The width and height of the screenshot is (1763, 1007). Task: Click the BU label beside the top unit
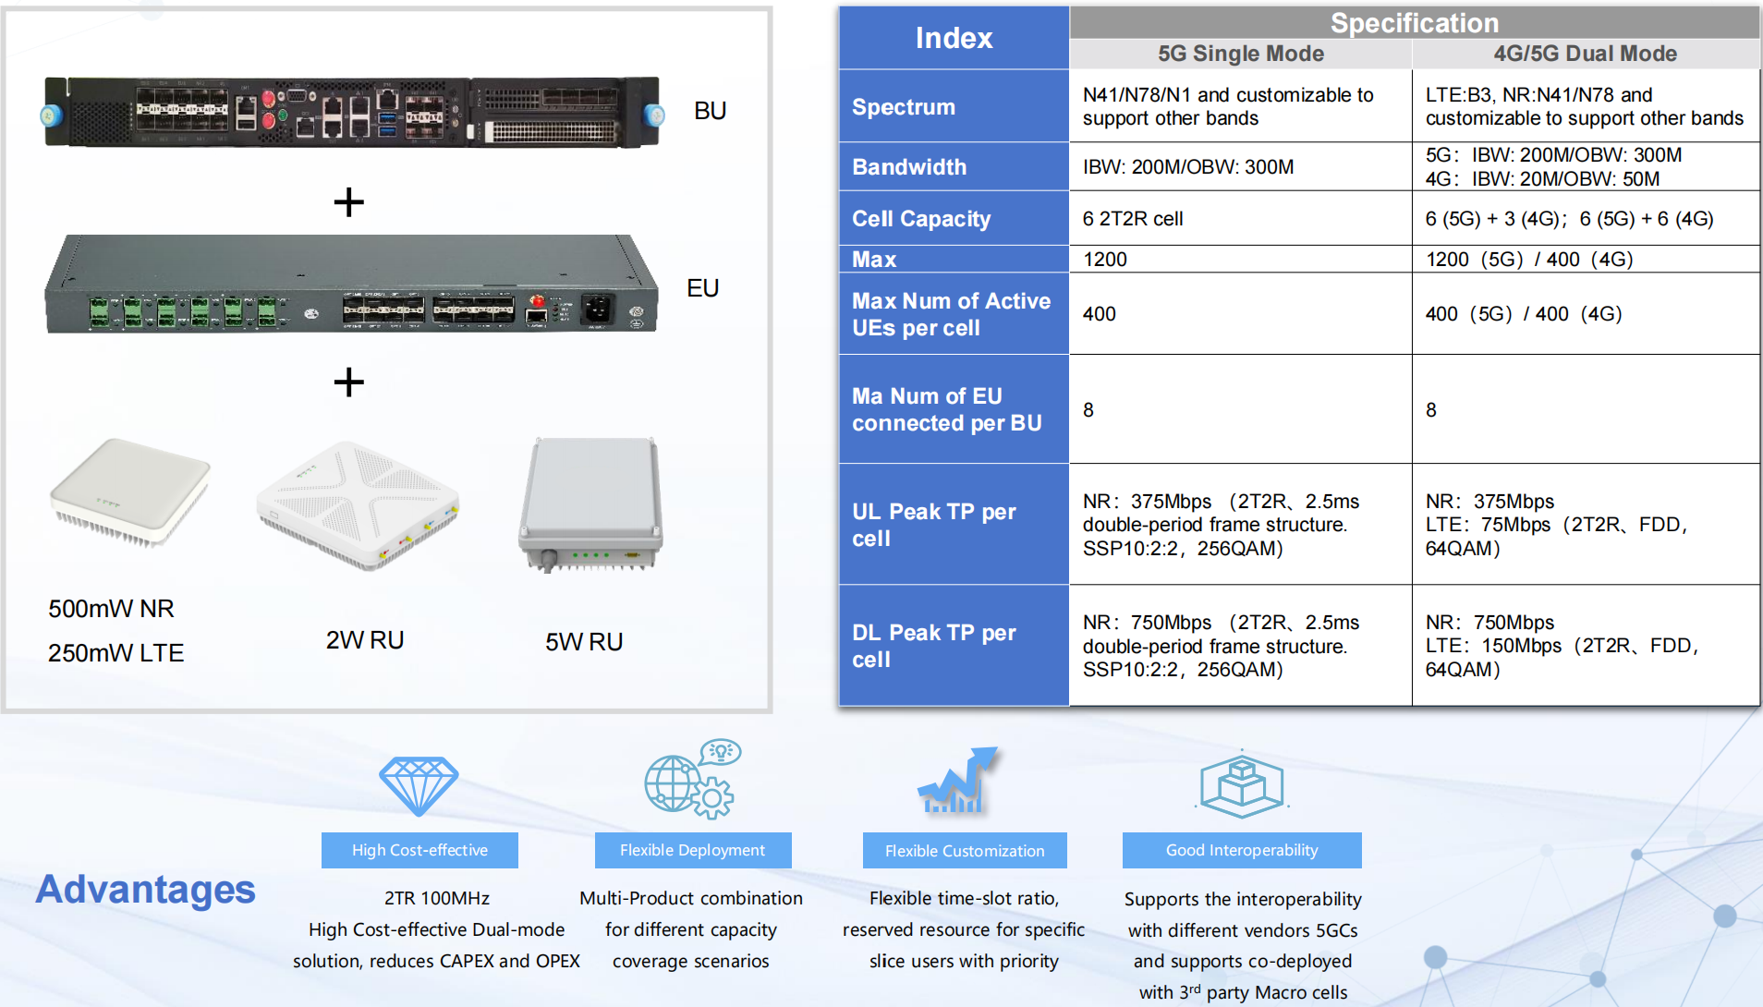click(x=710, y=111)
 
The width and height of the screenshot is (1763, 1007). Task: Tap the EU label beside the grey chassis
click(x=702, y=288)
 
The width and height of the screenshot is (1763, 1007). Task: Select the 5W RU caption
click(x=584, y=641)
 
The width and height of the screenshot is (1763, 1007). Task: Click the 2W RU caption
click(x=365, y=640)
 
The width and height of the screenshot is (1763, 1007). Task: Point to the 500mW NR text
click(x=111, y=609)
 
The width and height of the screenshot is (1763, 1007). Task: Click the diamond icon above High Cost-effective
click(x=419, y=785)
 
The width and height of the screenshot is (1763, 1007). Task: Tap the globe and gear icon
click(x=692, y=779)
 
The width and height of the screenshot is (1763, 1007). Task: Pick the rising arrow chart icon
click(x=957, y=781)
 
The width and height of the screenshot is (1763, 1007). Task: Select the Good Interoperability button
click(x=1242, y=850)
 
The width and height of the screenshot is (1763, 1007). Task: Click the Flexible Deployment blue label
click(x=693, y=850)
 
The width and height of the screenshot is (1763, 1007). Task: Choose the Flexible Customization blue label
click(x=965, y=850)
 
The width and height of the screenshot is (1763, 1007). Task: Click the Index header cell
click(x=954, y=38)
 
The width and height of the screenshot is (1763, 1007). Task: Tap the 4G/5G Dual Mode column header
click(x=1586, y=54)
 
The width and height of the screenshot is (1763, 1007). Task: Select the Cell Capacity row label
click(x=921, y=219)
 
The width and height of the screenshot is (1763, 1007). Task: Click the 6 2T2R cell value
click(x=1133, y=219)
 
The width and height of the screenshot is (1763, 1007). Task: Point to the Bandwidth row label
click(x=909, y=167)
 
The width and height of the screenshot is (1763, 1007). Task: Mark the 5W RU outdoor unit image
click(x=591, y=504)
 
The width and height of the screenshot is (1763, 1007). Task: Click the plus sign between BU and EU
click(x=348, y=201)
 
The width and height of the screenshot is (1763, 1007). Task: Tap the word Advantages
click(x=145, y=889)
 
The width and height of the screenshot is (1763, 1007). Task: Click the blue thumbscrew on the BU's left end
click(x=51, y=115)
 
